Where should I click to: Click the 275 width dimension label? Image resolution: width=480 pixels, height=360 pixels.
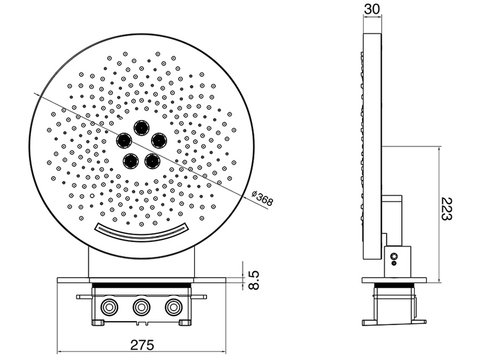pos(142,345)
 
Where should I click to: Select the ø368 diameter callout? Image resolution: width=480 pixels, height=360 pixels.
pos(262,199)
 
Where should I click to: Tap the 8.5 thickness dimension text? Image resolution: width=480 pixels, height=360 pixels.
pos(254,280)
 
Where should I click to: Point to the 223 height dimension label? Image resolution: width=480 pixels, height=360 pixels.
pos(446,209)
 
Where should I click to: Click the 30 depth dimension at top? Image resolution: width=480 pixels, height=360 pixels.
pos(372,9)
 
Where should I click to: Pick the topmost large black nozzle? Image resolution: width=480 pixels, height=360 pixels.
pos(142,127)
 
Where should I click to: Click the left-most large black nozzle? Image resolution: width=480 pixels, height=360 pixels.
pos(124,140)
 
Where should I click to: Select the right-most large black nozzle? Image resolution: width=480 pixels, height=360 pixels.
pos(159,140)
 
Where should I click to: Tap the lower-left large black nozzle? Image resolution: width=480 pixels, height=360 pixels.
pos(130,161)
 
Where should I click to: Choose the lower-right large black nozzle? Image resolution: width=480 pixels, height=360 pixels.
pos(152,161)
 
